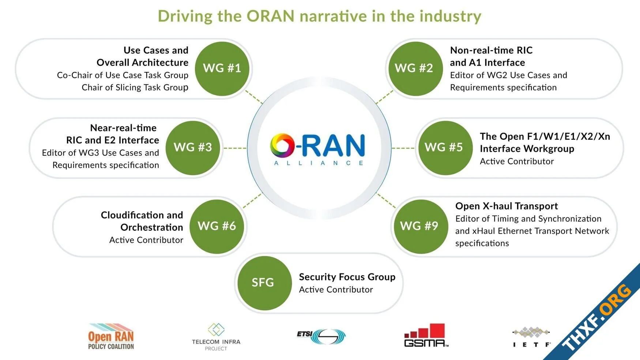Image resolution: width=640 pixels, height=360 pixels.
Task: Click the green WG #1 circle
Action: pos(222,69)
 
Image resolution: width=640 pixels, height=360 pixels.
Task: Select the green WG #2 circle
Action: pos(415,69)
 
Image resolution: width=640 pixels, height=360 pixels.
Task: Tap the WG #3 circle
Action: pos(193,148)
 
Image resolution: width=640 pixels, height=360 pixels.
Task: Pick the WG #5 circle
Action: pos(445,148)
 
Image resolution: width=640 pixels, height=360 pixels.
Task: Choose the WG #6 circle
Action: pos(217,227)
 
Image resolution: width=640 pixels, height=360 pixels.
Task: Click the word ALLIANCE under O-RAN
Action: pos(319,163)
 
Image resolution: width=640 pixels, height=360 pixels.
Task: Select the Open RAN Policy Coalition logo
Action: pos(111,337)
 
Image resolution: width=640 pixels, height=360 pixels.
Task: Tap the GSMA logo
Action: pos(426,335)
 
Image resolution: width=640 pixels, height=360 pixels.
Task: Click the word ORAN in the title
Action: pos(270,16)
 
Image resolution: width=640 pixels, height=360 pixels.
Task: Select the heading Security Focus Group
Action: pos(347,277)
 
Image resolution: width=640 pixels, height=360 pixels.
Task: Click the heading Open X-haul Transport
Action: pos(507,206)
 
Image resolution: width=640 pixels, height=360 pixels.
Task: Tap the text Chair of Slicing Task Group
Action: pos(135,87)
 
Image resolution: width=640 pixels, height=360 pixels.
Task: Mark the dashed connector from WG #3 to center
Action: pos(235,148)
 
